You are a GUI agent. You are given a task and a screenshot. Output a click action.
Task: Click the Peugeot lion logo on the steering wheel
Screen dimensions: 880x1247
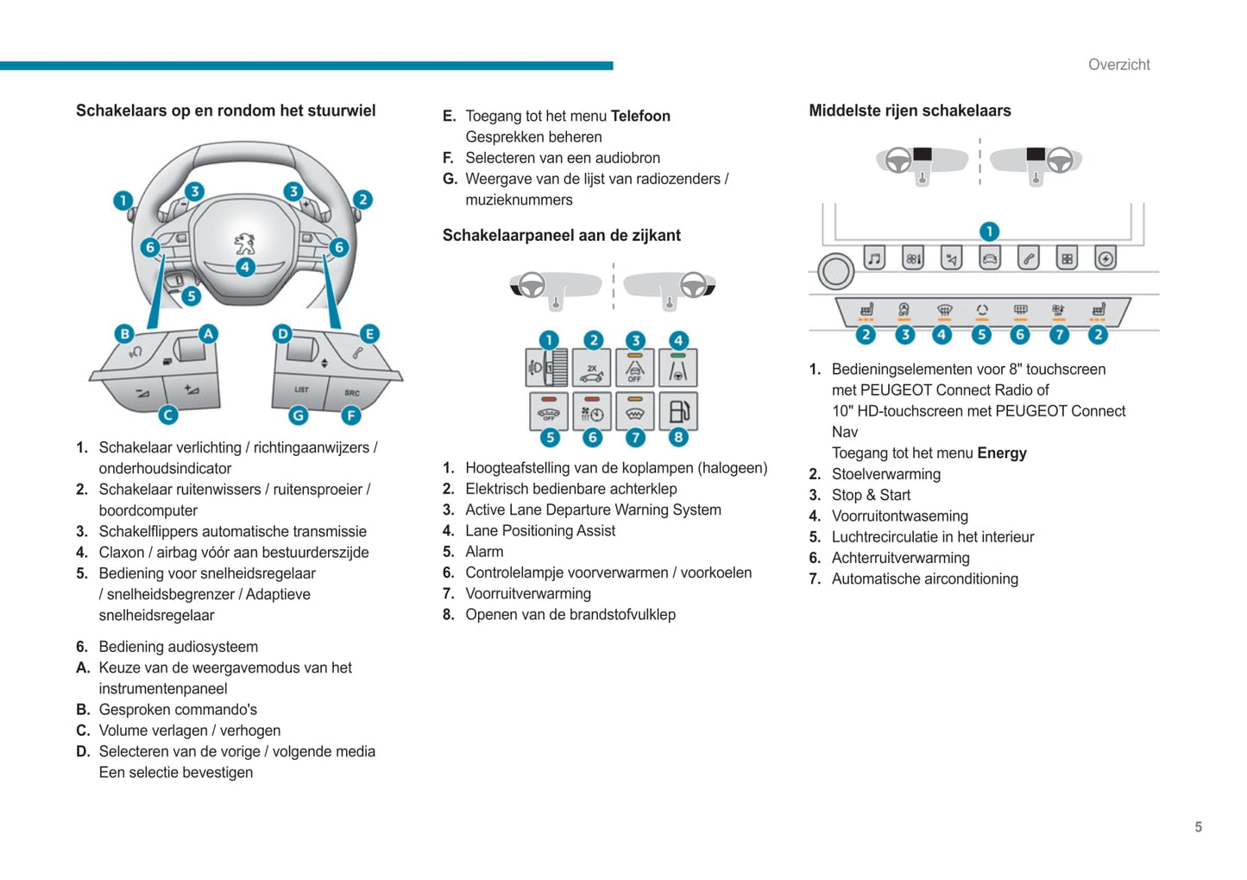pyautogui.click(x=245, y=243)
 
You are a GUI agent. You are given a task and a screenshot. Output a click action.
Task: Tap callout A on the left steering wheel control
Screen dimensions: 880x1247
pyautogui.click(x=208, y=333)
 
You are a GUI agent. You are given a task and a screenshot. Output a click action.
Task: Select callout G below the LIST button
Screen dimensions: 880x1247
pyautogui.click(x=298, y=415)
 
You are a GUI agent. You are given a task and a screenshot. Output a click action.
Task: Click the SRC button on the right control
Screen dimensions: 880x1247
pyautogui.click(x=352, y=393)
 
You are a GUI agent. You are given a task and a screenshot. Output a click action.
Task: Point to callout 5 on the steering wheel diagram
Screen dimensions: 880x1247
pyautogui.click(x=192, y=296)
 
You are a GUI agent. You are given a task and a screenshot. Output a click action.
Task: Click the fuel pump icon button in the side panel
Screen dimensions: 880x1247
pyautogui.click(x=678, y=411)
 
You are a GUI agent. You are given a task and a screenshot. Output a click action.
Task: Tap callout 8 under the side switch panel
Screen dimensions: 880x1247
pyautogui.click(x=678, y=437)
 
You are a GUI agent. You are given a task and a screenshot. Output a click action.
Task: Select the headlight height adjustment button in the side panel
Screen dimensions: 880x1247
pyautogui.click(x=546, y=368)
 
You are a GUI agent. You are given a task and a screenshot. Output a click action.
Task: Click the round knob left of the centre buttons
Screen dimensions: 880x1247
pyautogui.click(x=835, y=271)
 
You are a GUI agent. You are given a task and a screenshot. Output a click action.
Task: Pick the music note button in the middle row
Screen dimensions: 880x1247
pyautogui.click(x=874, y=258)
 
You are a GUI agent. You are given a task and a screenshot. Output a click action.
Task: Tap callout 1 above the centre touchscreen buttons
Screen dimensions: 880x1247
pyautogui.click(x=989, y=231)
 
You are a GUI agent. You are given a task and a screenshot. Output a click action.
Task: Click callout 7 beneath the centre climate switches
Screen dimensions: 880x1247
pyautogui.click(x=1059, y=335)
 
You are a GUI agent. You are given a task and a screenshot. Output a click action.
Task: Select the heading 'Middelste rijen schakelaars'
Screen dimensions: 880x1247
pyautogui.click(x=910, y=111)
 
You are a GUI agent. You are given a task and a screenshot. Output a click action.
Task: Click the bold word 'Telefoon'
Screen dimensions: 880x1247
pyautogui.click(x=640, y=116)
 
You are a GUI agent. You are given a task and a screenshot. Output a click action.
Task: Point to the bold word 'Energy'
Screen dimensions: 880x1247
pyautogui.click(x=1002, y=453)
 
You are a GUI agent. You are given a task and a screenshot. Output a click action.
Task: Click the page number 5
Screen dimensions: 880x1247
pyautogui.click(x=1198, y=827)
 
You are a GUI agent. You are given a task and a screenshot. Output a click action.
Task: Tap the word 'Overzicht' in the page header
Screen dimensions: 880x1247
pyautogui.click(x=1118, y=65)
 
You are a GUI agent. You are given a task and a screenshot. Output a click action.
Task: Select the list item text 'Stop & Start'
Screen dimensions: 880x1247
pyautogui.click(x=871, y=495)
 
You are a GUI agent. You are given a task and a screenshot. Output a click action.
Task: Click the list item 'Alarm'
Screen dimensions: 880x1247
pyautogui.click(x=484, y=552)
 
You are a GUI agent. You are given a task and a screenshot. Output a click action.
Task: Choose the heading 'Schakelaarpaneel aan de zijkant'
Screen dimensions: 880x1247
pyautogui.click(x=561, y=236)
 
